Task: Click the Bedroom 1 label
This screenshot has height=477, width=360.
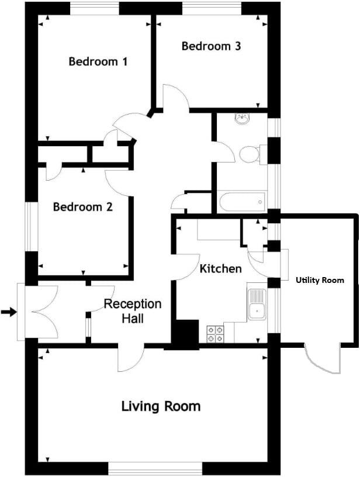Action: [98, 61]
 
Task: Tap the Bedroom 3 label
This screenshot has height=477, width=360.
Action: [211, 46]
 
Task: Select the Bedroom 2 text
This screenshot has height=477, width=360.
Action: [82, 207]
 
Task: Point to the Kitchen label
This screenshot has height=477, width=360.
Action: [220, 269]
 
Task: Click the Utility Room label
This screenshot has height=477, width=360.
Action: [320, 281]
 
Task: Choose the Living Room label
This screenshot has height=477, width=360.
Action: [161, 406]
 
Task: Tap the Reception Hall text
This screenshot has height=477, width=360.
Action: [133, 312]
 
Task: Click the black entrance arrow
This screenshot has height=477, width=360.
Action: [9, 312]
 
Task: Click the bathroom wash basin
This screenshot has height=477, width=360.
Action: [243, 119]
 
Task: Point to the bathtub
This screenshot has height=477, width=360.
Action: [241, 202]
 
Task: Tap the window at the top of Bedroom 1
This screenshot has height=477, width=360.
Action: [95, 9]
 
